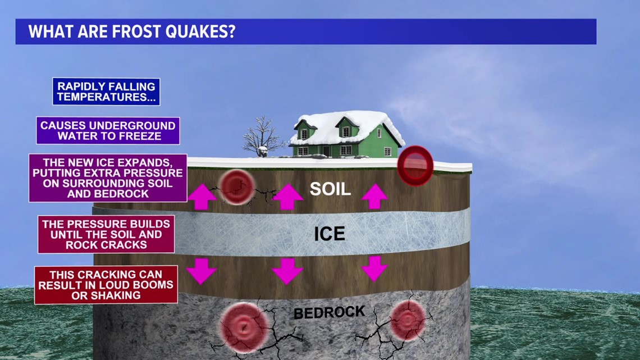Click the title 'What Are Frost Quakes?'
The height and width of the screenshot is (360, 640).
click(x=132, y=31)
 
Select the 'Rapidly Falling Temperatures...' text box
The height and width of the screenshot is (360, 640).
click(x=106, y=92)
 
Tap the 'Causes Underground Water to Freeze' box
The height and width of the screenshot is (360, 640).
click(x=108, y=131)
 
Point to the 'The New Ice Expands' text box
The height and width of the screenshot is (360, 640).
click(x=108, y=178)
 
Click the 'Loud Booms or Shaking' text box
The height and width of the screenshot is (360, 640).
click(x=106, y=285)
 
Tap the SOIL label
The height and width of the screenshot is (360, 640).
click(x=330, y=189)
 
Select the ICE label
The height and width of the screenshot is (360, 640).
click(x=330, y=233)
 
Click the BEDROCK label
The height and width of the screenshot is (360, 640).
click(x=329, y=312)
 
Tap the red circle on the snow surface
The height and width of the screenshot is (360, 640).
click(x=415, y=165)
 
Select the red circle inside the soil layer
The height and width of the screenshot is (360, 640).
click(x=235, y=186)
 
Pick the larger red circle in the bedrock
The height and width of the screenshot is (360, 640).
click(x=244, y=326)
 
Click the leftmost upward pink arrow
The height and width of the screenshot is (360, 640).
click(x=202, y=197)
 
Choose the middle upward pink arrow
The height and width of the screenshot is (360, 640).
click(x=287, y=197)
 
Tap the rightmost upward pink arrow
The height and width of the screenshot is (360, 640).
click(x=374, y=197)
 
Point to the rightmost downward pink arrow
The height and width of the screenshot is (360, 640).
click(x=374, y=268)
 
